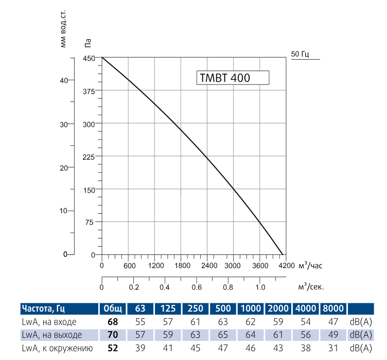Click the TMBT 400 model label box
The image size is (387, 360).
pos(232,78)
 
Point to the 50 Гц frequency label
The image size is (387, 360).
pos(300,54)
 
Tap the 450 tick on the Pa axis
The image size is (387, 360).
pos(89,58)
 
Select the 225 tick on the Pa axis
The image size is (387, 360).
pos(89,157)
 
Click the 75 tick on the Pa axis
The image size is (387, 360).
pos(91,222)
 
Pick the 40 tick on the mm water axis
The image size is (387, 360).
pos(64,80)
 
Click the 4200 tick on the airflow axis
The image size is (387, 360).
pos(287,266)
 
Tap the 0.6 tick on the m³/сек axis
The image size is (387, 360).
pos(196,287)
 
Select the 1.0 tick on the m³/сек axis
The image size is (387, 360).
pos(260,287)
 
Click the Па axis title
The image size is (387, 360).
pos(87,44)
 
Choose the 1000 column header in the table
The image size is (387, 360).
pos(251,309)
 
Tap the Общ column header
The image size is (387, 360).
pos(113,309)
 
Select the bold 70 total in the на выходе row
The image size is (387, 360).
pos(113,335)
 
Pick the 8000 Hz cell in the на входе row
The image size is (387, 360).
pos(332,322)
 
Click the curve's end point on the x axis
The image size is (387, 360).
pos(283,254)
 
